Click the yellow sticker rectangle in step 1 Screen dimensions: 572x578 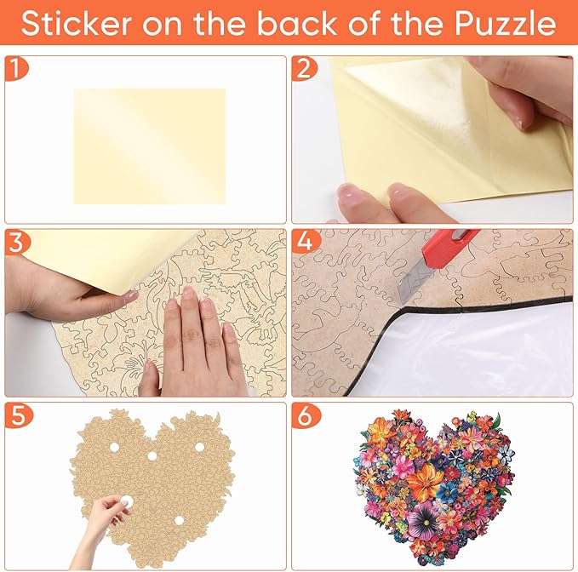click(x=149, y=146)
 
